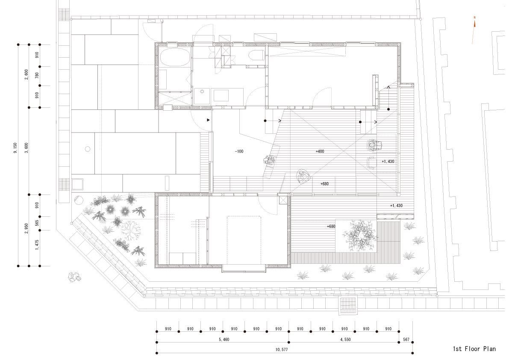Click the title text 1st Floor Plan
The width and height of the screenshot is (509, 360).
(474, 349)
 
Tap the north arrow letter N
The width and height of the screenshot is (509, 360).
(474, 18)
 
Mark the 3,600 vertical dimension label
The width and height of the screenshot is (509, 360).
(26, 150)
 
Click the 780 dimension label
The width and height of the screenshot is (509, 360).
(37, 76)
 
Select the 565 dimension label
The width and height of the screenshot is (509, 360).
(37, 223)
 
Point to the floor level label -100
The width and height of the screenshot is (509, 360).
(239, 152)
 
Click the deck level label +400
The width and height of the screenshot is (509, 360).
(320, 152)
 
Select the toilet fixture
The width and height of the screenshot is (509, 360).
(257, 56)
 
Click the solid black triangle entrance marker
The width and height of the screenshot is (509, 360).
(208, 120)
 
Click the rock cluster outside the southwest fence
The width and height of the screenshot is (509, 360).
(74, 277)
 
